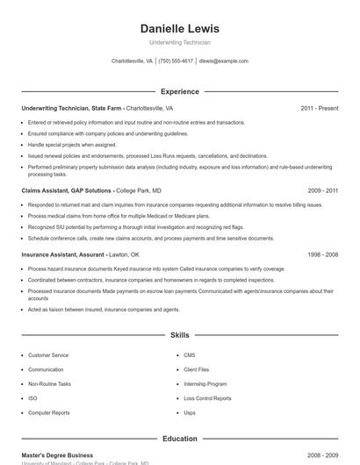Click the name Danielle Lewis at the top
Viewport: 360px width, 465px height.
(x=179, y=28)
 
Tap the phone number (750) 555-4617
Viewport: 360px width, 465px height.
(x=176, y=61)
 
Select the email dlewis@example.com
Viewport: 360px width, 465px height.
(x=224, y=61)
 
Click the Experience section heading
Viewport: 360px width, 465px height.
(x=179, y=91)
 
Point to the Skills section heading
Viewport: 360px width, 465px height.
(x=179, y=335)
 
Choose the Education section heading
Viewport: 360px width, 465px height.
(x=179, y=439)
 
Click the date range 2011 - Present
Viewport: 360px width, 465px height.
(x=319, y=108)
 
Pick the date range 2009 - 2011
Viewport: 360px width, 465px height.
(x=323, y=190)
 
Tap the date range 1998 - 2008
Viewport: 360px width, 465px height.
(x=323, y=254)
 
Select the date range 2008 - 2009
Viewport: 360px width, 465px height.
(x=323, y=455)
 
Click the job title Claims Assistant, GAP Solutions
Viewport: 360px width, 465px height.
(x=67, y=190)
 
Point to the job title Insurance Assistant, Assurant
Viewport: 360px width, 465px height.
(x=63, y=254)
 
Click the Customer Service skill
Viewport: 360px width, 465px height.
(x=48, y=355)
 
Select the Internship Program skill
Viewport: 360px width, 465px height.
(x=205, y=384)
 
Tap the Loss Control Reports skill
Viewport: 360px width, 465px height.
(x=207, y=398)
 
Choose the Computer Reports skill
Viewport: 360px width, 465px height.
(x=49, y=412)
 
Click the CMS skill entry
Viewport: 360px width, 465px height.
(x=189, y=355)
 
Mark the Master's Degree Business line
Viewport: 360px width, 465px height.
(x=57, y=455)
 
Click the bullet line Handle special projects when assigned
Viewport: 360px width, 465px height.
(x=72, y=145)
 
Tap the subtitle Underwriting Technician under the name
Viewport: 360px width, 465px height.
(x=179, y=42)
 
